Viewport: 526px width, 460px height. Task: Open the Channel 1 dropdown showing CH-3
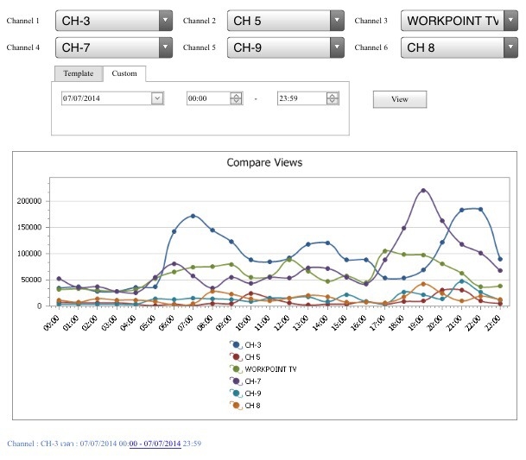tap(114, 21)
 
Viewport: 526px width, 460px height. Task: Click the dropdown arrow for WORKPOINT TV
tap(510, 21)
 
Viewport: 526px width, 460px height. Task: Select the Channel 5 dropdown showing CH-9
tap(286, 47)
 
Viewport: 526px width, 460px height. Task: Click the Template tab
tap(79, 73)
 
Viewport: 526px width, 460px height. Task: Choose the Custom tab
tap(124, 73)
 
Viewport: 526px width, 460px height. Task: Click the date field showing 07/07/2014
tap(112, 98)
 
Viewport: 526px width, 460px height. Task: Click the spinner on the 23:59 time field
tap(333, 98)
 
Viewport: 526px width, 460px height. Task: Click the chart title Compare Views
tap(264, 162)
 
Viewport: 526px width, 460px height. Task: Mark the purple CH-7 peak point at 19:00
tap(423, 191)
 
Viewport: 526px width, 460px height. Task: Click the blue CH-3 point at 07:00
tap(193, 216)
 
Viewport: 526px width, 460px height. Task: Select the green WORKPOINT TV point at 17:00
tap(385, 251)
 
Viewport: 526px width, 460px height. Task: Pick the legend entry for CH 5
tap(245, 357)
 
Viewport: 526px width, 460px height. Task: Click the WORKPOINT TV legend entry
tap(263, 369)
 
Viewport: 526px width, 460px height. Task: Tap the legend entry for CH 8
tap(245, 406)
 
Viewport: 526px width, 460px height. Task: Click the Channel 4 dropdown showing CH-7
tap(114, 47)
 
